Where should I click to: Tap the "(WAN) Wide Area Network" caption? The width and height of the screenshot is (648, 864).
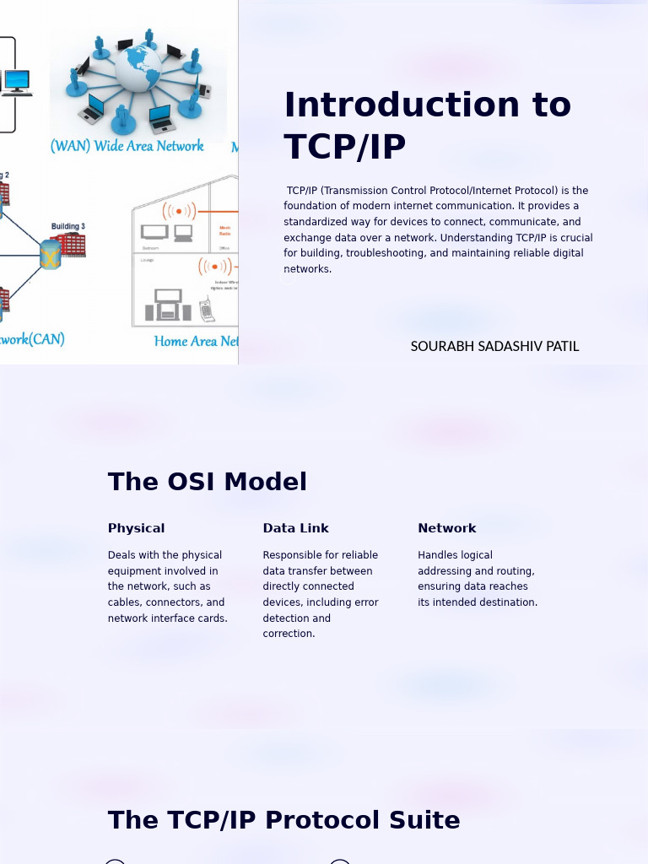coord(127,146)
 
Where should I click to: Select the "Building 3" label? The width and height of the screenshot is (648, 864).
coord(67,226)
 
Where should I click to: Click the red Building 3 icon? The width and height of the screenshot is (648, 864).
coord(72,245)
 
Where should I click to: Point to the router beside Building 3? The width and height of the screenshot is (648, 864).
coord(51,254)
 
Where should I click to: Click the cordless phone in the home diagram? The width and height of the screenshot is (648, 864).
coord(207,310)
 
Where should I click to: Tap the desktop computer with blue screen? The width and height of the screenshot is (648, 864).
coord(17,82)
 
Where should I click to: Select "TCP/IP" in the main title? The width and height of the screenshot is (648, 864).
coord(345,148)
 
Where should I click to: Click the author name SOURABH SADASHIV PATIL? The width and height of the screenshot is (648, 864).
coord(494,347)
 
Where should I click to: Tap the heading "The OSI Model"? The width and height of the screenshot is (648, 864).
coord(208,482)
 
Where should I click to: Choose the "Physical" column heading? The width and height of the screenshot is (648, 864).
coord(136,528)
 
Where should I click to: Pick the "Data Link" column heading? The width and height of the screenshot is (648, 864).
coord(295,528)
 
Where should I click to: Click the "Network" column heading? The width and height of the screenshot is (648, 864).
coord(446,528)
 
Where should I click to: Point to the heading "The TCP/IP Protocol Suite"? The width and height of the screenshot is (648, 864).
coord(283,820)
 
